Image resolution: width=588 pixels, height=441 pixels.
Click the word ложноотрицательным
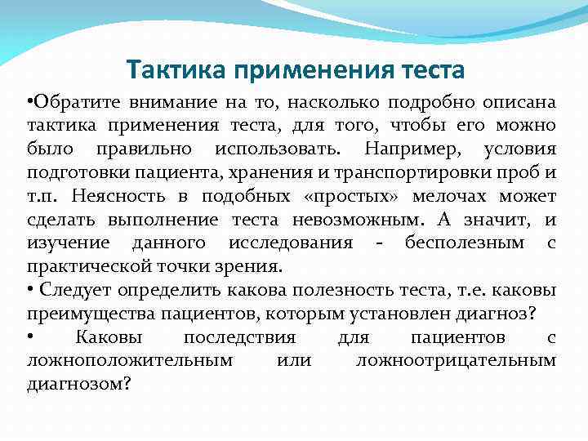tap(457, 361)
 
